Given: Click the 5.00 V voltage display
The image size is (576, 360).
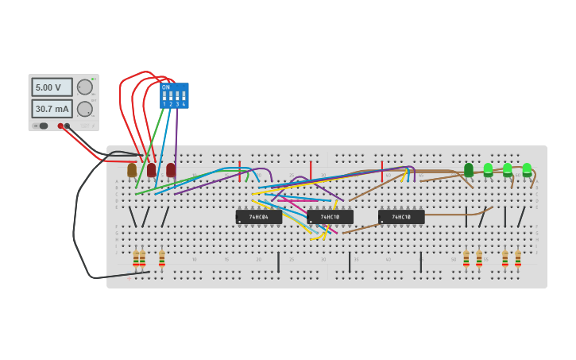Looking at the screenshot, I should [x=52, y=87].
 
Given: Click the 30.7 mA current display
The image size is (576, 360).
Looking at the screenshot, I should [x=52, y=109].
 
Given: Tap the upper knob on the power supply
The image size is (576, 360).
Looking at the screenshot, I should [x=84, y=87].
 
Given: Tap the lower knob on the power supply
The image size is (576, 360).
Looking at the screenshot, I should [x=84, y=109].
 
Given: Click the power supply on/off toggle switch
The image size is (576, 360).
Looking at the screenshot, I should [x=41, y=126].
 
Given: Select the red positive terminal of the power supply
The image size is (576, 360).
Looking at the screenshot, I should [x=60, y=126].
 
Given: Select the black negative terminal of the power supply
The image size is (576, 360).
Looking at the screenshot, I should [x=68, y=126].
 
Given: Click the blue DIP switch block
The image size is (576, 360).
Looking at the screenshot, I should [x=174, y=95].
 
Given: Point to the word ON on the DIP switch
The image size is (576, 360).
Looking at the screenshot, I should [x=165, y=87].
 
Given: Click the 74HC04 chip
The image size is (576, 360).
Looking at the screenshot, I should [x=259, y=216].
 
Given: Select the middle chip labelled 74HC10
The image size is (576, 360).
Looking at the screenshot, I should [x=330, y=216].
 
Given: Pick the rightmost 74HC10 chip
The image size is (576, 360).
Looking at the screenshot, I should [x=401, y=216].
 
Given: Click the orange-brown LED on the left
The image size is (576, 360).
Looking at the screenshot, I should [x=132, y=170].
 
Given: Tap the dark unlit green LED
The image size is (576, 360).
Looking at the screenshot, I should [x=469, y=169].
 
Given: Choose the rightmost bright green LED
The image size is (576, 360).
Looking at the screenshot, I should [x=527, y=169].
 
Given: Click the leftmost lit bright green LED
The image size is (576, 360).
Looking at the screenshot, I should [x=488, y=169].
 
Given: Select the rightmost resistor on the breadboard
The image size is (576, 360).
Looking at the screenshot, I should [x=518, y=259].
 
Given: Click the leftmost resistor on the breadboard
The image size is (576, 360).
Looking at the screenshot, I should [x=136, y=259].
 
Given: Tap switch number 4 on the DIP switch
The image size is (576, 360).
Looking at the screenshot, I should [x=184, y=97].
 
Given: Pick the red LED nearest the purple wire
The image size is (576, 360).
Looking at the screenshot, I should [x=171, y=170].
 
